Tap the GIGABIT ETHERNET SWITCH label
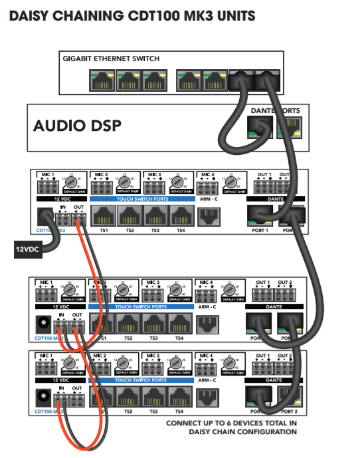(111, 58)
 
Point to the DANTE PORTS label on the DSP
(276, 110)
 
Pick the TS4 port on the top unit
(180, 215)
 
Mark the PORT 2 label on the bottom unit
(288, 412)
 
